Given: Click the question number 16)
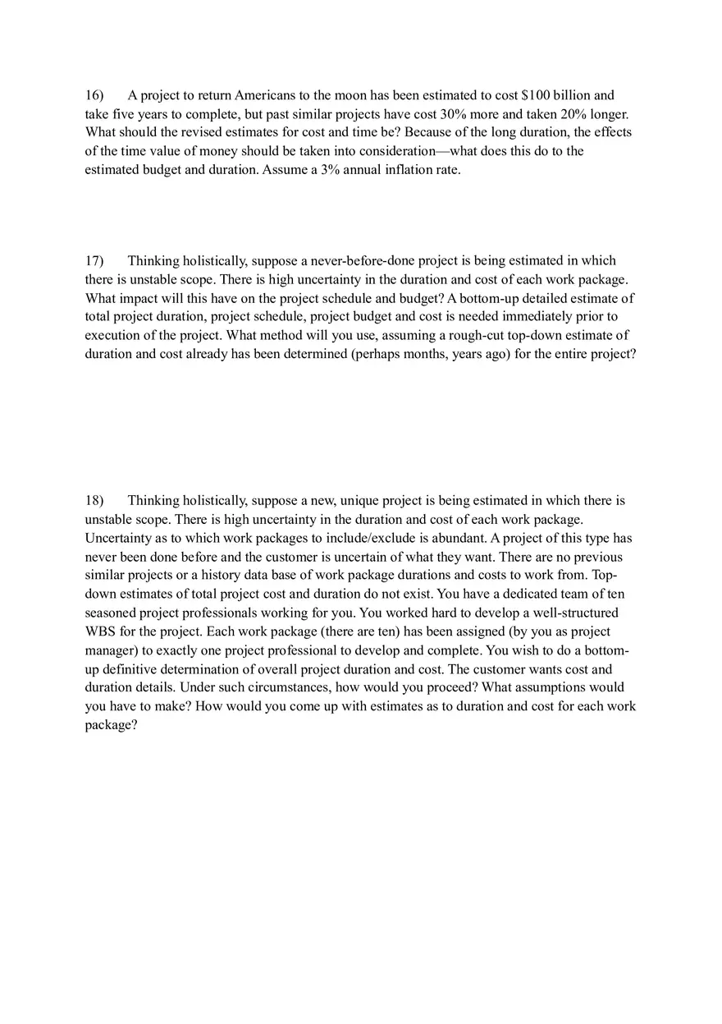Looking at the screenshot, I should point(94,95).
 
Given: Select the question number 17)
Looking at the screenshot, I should point(94,260).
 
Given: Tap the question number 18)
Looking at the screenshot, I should point(94,500).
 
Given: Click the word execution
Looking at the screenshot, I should point(112,335).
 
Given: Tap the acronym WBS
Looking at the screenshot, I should point(99,631).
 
